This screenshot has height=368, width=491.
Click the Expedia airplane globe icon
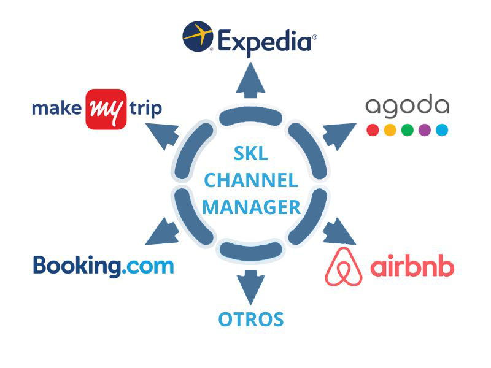(x=198, y=36)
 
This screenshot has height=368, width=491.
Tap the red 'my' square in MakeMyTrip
(x=106, y=109)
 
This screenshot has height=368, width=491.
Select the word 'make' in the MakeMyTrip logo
(x=57, y=109)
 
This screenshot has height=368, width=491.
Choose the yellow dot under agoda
(x=389, y=130)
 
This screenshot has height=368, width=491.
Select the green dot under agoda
(x=406, y=130)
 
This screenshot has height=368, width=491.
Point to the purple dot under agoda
(x=424, y=130)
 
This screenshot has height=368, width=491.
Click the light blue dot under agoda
(x=441, y=130)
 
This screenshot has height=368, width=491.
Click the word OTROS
(x=251, y=320)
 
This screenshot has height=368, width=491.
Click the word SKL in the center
(x=251, y=154)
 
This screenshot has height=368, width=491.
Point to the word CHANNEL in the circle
(x=251, y=180)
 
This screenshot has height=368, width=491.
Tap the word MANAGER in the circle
(x=251, y=207)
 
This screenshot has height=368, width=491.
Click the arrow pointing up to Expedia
(x=250, y=83)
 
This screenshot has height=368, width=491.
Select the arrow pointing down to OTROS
(x=250, y=285)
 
